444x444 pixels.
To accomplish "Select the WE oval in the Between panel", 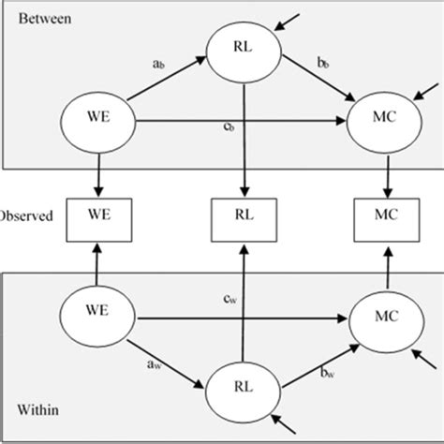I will pos(96,122).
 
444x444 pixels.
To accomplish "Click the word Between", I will pos(38,18).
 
